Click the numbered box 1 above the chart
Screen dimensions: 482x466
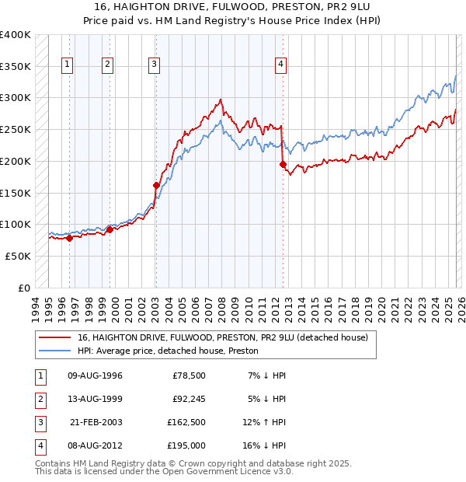68,65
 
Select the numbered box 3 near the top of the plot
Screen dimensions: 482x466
155,65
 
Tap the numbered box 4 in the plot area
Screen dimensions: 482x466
280,65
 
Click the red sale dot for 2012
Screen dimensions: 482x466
283,164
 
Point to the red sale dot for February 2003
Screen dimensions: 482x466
156,185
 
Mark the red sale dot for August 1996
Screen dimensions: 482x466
69,239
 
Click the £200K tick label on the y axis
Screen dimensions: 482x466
15,161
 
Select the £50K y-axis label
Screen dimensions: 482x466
18,256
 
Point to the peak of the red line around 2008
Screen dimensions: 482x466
221,100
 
